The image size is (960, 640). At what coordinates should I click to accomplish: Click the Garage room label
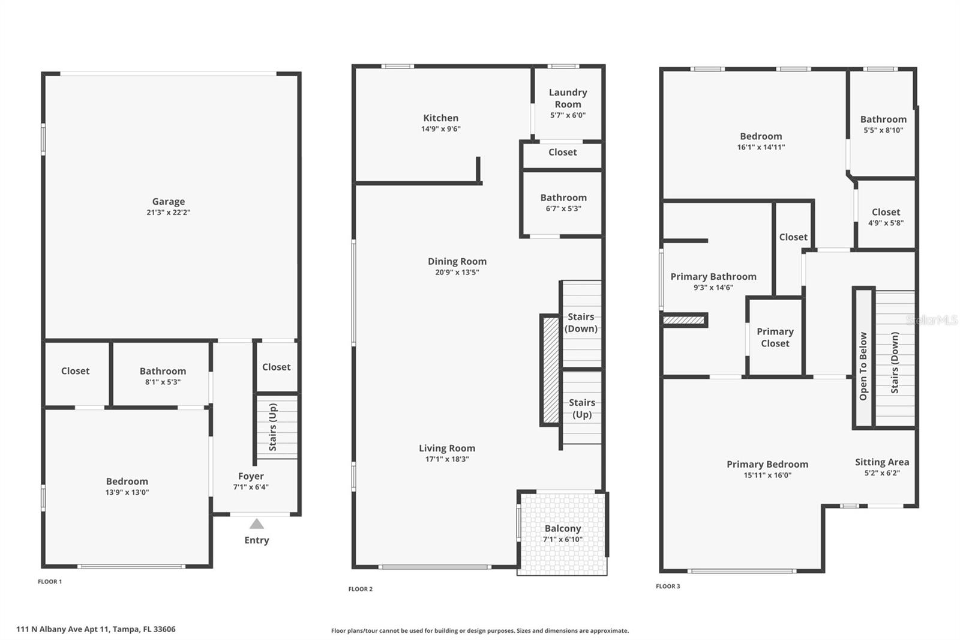pyautogui.click(x=168, y=202)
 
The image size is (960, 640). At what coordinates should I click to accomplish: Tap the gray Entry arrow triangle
pyautogui.click(x=257, y=524)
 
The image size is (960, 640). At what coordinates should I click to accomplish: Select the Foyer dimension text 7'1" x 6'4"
pyautogui.click(x=251, y=487)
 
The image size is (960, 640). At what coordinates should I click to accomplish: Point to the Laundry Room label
pyautogui.click(x=568, y=98)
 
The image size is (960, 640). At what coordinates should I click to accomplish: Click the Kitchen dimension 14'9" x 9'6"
pyautogui.click(x=441, y=129)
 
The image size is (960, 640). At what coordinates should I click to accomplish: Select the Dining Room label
pyautogui.click(x=457, y=261)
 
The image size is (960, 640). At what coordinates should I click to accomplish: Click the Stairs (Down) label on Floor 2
pyautogui.click(x=581, y=322)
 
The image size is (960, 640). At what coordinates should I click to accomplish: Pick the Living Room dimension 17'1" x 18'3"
pyautogui.click(x=447, y=459)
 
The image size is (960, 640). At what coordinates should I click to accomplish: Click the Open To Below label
pyautogui.click(x=863, y=366)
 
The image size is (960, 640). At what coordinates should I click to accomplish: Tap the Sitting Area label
pyautogui.click(x=882, y=462)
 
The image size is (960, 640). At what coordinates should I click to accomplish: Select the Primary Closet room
pyautogui.click(x=775, y=337)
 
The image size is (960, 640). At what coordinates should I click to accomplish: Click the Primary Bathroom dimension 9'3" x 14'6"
pyautogui.click(x=713, y=288)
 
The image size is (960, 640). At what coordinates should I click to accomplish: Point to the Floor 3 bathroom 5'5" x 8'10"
pyautogui.click(x=883, y=124)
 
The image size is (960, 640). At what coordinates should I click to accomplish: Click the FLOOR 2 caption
pyautogui.click(x=361, y=589)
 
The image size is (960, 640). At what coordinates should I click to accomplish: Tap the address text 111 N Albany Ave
pyautogui.click(x=96, y=629)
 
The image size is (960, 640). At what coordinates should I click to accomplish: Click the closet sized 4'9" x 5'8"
pyautogui.click(x=886, y=217)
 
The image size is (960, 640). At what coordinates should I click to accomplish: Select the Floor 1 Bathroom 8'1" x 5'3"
pyautogui.click(x=163, y=376)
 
